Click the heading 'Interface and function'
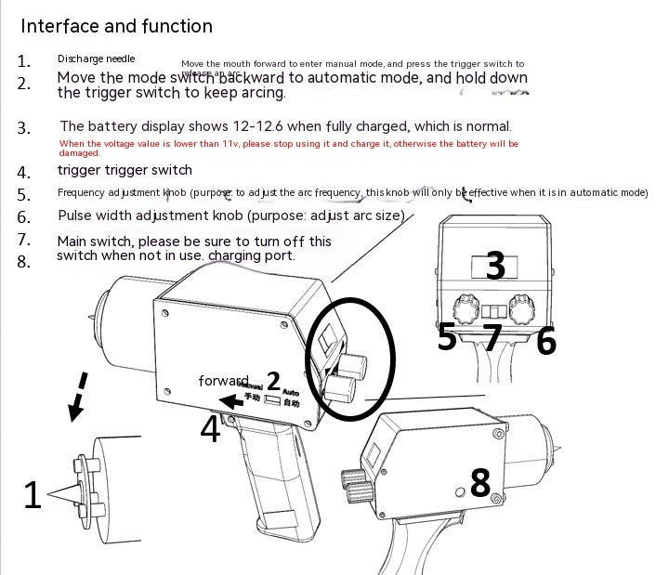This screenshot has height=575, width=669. click(x=116, y=26)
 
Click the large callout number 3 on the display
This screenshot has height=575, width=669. click(x=495, y=266)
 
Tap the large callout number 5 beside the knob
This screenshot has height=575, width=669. click(x=447, y=338)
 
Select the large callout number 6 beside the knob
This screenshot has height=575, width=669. click(x=546, y=341)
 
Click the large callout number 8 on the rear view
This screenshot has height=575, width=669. click(x=479, y=482)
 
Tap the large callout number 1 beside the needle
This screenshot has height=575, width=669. click(x=33, y=496)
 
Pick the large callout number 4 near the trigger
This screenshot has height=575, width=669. click(x=210, y=429)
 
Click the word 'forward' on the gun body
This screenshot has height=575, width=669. click(x=223, y=381)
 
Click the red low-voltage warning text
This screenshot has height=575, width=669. click(x=288, y=148)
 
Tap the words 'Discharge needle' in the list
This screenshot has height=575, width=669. click(x=96, y=59)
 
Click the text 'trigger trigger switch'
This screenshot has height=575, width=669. click(x=125, y=170)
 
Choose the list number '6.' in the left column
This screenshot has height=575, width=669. click(x=24, y=216)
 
